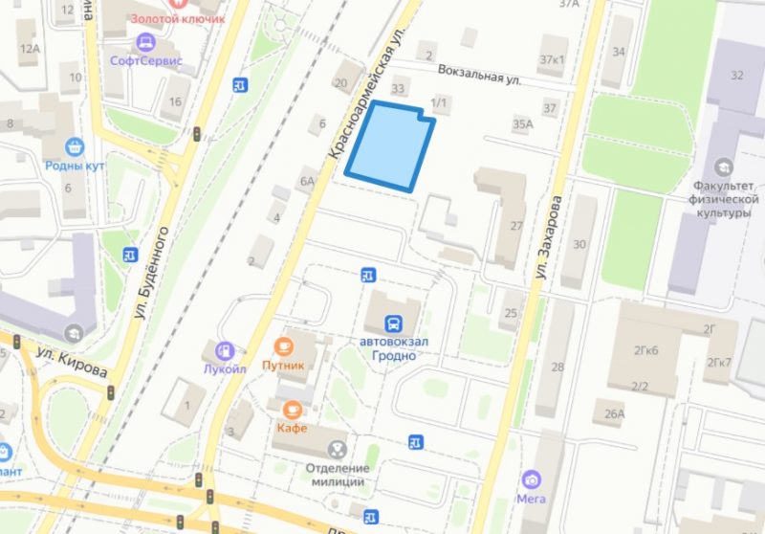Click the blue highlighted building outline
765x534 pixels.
[x=387, y=145]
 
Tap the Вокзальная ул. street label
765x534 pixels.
[x=479, y=76]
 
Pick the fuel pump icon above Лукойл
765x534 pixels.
[x=224, y=351]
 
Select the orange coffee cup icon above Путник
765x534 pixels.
[x=283, y=345]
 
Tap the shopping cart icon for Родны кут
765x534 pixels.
[x=75, y=146]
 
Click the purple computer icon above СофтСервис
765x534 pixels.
[x=146, y=42]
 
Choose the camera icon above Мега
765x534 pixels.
[x=531, y=478]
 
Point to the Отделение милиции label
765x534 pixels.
[x=338, y=475]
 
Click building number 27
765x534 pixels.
[x=516, y=226]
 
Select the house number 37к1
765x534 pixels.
[x=552, y=59]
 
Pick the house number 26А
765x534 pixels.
[x=614, y=414]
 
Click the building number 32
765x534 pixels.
[x=736, y=76]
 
